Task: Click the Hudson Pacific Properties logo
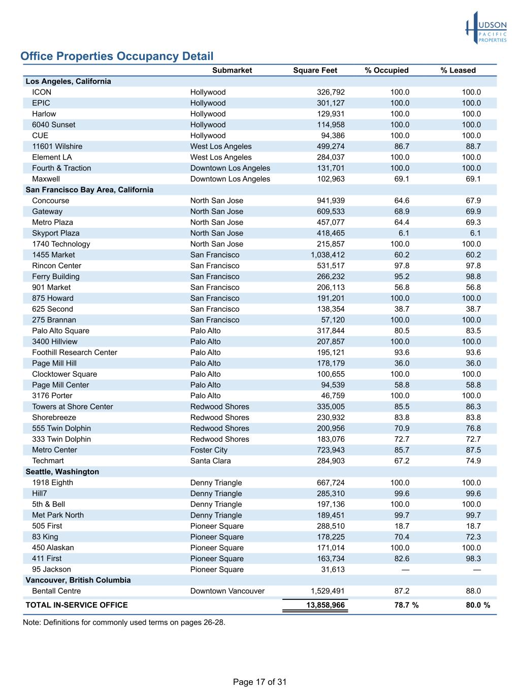tap(486, 28)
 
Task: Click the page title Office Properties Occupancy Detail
tap(117, 56)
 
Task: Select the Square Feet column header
tap(315, 71)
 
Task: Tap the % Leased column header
tap(458, 71)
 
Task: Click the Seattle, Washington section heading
tap(62, 472)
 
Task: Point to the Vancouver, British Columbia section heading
tap(78, 580)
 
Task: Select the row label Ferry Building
tap(56, 277)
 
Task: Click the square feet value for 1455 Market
tap(328, 255)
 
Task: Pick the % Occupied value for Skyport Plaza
tap(404, 233)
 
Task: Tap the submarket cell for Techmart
tap(210, 461)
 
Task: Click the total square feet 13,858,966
tap(325, 605)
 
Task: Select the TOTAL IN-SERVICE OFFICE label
tap(77, 605)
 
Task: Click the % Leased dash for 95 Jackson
tap(477, 569)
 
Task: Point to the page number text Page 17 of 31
tap(259, 682)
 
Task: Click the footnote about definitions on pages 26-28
tap(124, 622)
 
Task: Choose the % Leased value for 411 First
tap(473, 559)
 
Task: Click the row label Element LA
tap(52, 158)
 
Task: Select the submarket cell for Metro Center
tap(209, 450)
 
